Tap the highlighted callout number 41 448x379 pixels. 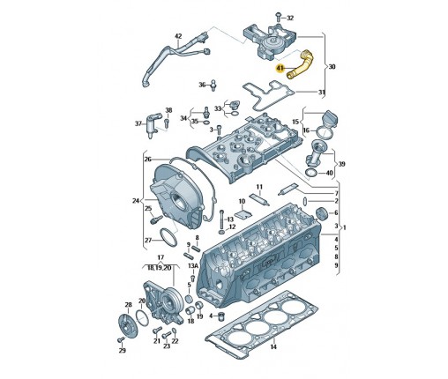[280, 69]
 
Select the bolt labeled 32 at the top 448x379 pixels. [277, 17]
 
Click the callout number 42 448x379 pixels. [178, 36]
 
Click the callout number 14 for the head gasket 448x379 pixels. [273, 347]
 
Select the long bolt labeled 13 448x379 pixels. [221, 219]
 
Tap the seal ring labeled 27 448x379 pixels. [168, 237]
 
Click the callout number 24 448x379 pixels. [136, 201]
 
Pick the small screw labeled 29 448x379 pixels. [121, 339]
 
